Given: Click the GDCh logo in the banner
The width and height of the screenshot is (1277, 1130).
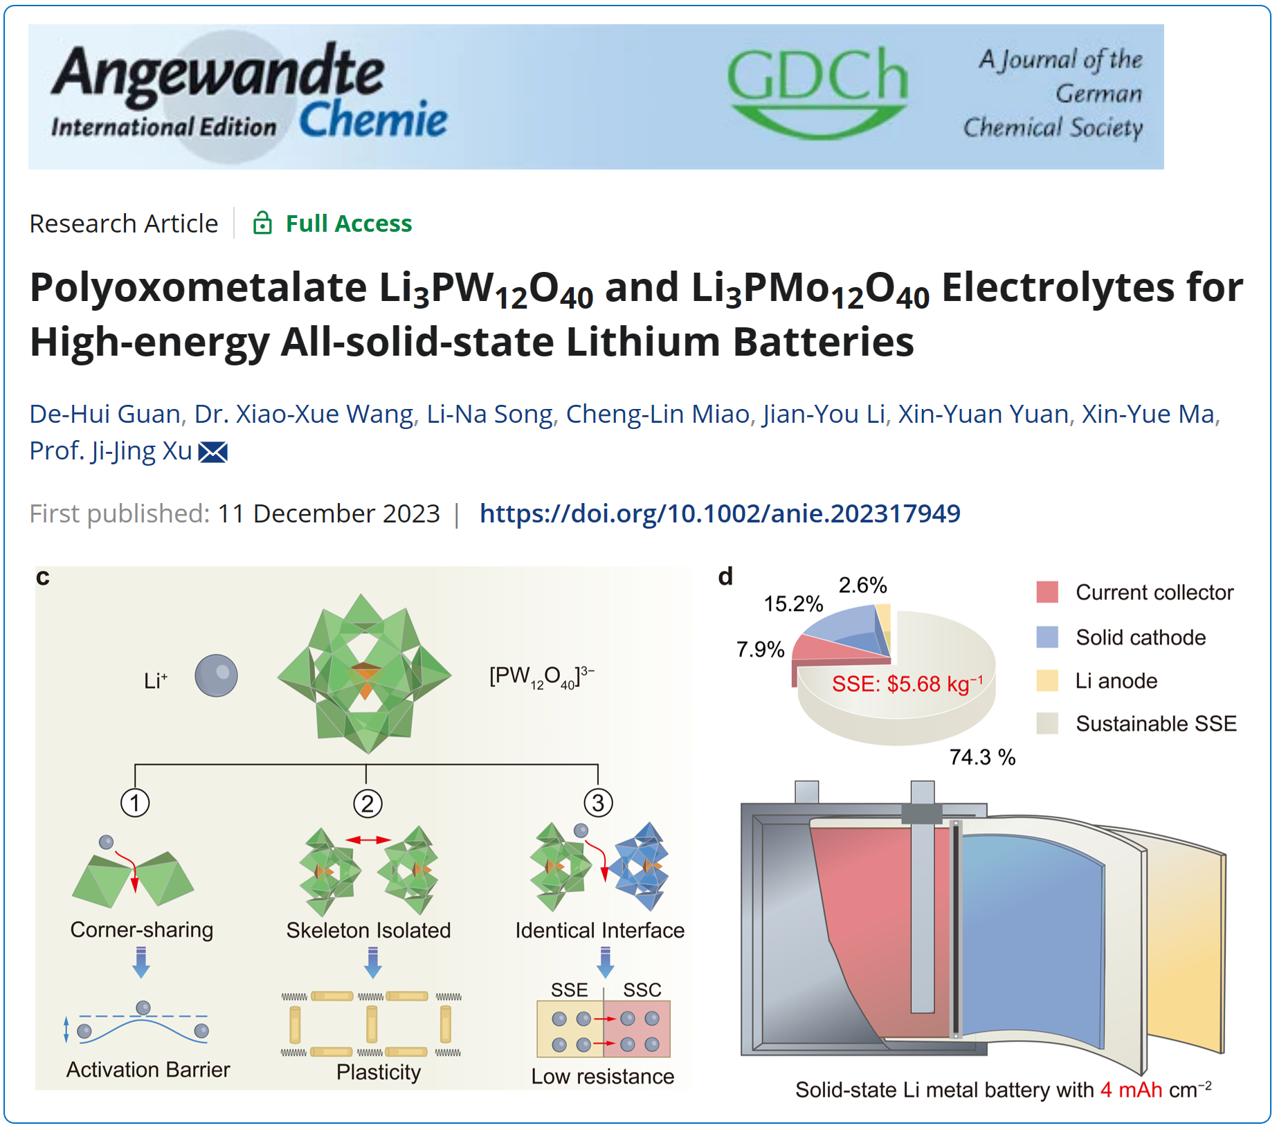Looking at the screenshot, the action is click(817, 93).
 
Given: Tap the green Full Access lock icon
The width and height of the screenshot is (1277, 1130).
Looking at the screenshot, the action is click(262, 223).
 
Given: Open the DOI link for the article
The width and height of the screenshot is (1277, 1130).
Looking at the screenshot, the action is click(720, 513).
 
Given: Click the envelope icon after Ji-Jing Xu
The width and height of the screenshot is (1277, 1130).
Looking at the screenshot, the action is click(213, 452).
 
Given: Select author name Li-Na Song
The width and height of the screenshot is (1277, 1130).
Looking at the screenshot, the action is click(489, 414).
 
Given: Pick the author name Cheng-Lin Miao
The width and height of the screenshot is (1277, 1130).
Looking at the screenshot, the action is click(658, 414).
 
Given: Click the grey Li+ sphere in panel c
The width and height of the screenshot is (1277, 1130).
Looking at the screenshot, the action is click(216, 675).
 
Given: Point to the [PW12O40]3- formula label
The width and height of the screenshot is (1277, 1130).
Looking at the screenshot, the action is click(542, 676).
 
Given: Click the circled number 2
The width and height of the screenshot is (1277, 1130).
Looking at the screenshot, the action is click(368, 803).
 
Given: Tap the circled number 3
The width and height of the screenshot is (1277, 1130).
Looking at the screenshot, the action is click(598, 803).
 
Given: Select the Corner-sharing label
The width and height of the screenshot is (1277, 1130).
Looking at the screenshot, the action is click(142, 929).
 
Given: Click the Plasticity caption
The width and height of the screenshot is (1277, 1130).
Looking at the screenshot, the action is click(379, 1072).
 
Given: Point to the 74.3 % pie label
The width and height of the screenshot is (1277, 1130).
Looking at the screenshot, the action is click(982, 757).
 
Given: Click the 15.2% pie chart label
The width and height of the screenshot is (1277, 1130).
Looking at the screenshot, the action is click(793, 604).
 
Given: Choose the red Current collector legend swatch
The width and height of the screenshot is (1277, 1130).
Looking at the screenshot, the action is click(1047, 592).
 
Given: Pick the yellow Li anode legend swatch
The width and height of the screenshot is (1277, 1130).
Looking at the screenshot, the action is click(1047, 681).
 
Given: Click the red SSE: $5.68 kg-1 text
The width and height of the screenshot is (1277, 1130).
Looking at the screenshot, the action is click(907, 684).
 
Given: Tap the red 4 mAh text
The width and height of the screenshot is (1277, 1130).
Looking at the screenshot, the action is click(1132, 1090).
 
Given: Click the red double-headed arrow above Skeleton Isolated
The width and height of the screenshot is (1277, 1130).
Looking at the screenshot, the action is click(368, 839).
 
